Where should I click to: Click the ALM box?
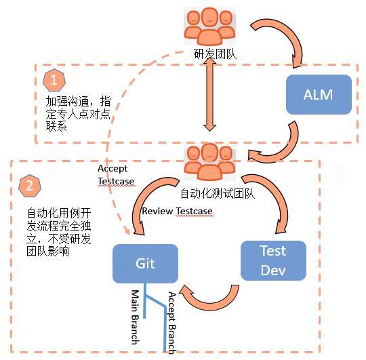[x=319, y=94]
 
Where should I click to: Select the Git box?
[x=146, y=264]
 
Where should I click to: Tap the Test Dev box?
[x=273, y=261]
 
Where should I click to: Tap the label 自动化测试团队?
[x=216, y=194]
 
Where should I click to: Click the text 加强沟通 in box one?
[x=66, y=102]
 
